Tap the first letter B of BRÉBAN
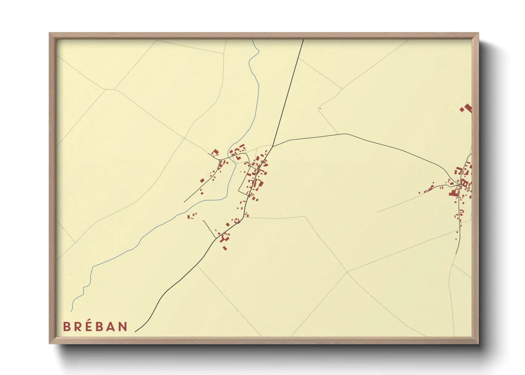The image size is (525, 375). point(66,326)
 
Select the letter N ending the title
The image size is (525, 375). point(122,326)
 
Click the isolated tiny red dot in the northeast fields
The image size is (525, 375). point(320,108)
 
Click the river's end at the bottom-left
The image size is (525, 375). point(72,311)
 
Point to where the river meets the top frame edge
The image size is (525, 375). point(253,40)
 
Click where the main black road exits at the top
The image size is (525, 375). point(304,40)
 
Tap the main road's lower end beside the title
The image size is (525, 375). point(136,332)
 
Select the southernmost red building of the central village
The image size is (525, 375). point(225,248)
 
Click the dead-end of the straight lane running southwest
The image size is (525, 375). point(184,202)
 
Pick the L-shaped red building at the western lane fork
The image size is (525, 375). point(215,153)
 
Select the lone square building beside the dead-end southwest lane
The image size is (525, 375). point(202,180)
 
